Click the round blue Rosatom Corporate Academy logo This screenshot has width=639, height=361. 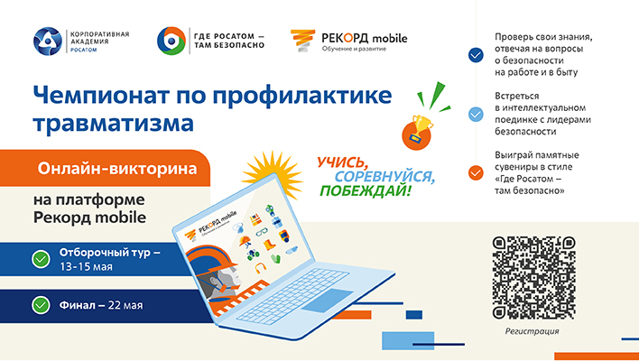click(x=48, y=42)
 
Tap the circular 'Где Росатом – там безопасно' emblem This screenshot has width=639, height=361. click(x=171, y=41)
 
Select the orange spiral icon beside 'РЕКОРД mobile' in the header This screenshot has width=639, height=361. click(x=302, y=41)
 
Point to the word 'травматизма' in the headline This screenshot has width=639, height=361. click(x=114, y=123)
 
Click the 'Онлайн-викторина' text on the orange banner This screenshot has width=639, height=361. click(x=117, y=169)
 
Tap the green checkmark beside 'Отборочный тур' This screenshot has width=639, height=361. click(x=41, y=259)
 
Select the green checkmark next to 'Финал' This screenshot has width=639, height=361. click(x=41, y=305)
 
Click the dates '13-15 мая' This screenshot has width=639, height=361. click(x=86, y=267)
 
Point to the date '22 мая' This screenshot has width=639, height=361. click(x=125, y=305)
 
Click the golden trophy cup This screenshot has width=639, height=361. click(x=421, y=126)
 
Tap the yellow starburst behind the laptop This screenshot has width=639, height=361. click(x=273, y=173)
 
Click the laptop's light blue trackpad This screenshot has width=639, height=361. click(x=328, y=300)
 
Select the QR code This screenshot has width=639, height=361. click(x=534, y=277)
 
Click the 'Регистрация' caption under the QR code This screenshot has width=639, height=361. click(x=532, y=331)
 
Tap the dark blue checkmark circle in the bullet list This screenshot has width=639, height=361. click(x=476, y=55)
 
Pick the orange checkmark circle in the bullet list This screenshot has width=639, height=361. click(x=476, y=172)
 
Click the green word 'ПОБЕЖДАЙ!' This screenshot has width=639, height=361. click(x=366, y=190)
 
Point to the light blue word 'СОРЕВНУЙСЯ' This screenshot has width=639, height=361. click(x=384, y=176)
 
